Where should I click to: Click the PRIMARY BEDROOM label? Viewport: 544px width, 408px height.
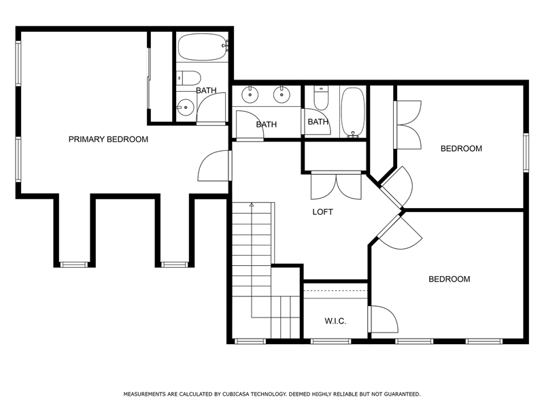(x=108, y=139)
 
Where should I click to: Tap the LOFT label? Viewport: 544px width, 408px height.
(x=322, y=212)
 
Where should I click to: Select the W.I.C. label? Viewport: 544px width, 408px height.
(x=335, y=321)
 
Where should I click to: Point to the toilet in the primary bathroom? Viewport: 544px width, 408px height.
(x=188, y=78)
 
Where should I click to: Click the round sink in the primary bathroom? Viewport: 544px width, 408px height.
(x=186, y=107)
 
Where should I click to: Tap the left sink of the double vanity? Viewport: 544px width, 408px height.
(x=250, y=95)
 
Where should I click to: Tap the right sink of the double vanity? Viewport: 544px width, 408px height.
(x=282, y=95)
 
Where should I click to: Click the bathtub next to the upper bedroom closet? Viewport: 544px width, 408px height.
(x=353, y=112)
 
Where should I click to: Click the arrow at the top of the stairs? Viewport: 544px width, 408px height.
(x=252, y=205)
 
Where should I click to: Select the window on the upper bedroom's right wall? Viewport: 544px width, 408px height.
(x=526, y=152)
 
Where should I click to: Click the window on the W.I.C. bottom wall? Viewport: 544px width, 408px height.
(x=330, y=341)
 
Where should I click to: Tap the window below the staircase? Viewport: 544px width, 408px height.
(x=250, y=341)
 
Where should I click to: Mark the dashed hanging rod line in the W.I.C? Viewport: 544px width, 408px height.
(x=335, y=290)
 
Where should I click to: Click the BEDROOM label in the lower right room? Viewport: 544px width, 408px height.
(x=449, y=279)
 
